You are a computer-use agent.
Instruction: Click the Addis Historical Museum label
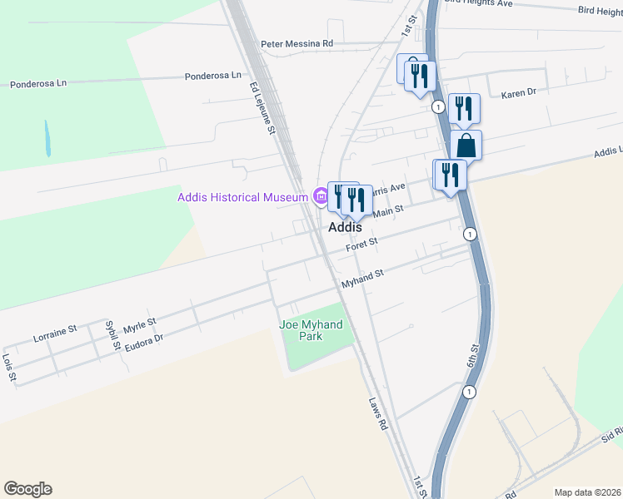point(242,197)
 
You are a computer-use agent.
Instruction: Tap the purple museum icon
point(319,197)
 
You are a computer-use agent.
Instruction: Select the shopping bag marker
point(466,145)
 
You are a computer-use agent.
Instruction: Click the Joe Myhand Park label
point(311,330)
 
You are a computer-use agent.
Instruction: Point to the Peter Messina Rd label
point(297,43)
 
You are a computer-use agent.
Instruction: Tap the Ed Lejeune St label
point(262,106)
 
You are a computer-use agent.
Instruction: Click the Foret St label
point(362,244)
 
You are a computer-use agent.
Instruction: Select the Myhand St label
point(361,279)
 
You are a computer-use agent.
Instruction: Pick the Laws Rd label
point(379,413)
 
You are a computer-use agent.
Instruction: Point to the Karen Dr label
point(519,94)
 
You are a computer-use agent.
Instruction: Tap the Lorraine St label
point(55,334)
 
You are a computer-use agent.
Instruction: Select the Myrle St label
point(139,323)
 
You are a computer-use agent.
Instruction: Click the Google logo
point(27,489)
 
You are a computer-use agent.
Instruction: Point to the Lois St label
point(9,367)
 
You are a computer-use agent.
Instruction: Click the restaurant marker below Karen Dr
point(463,109)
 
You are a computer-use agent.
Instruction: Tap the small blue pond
point(47,139)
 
